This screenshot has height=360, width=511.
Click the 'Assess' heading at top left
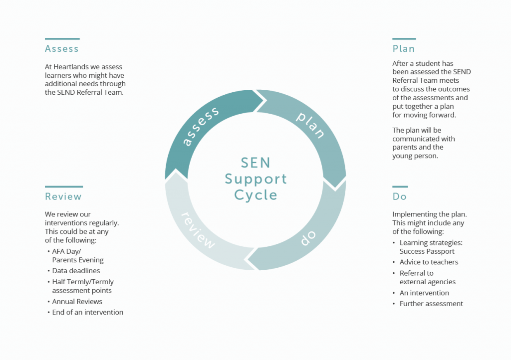coord(61,49)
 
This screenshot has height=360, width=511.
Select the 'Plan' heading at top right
coord(403,49)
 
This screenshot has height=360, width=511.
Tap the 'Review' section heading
coord(63,196)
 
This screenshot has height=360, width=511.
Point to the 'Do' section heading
coord(399,196)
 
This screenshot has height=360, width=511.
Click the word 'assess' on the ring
coord(201,126)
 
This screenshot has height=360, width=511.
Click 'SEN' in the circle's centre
coord(255,163)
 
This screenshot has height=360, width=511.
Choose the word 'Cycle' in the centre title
coord(255,195)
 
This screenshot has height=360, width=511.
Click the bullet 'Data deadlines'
coord(76,271)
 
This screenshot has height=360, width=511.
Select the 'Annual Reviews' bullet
coord(77,302)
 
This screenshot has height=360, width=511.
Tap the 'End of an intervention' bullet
coord(87,312)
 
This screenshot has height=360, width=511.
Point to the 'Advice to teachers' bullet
coord(429,262)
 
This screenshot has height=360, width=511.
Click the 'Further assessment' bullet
coord(431,304)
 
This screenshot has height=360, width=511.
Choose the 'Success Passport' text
coord(427,251)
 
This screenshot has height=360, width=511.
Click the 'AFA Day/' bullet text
coord(66,251)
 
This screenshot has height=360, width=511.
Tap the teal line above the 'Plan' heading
coord(404,38)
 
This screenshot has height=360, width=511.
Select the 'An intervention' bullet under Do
coord(424,293)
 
